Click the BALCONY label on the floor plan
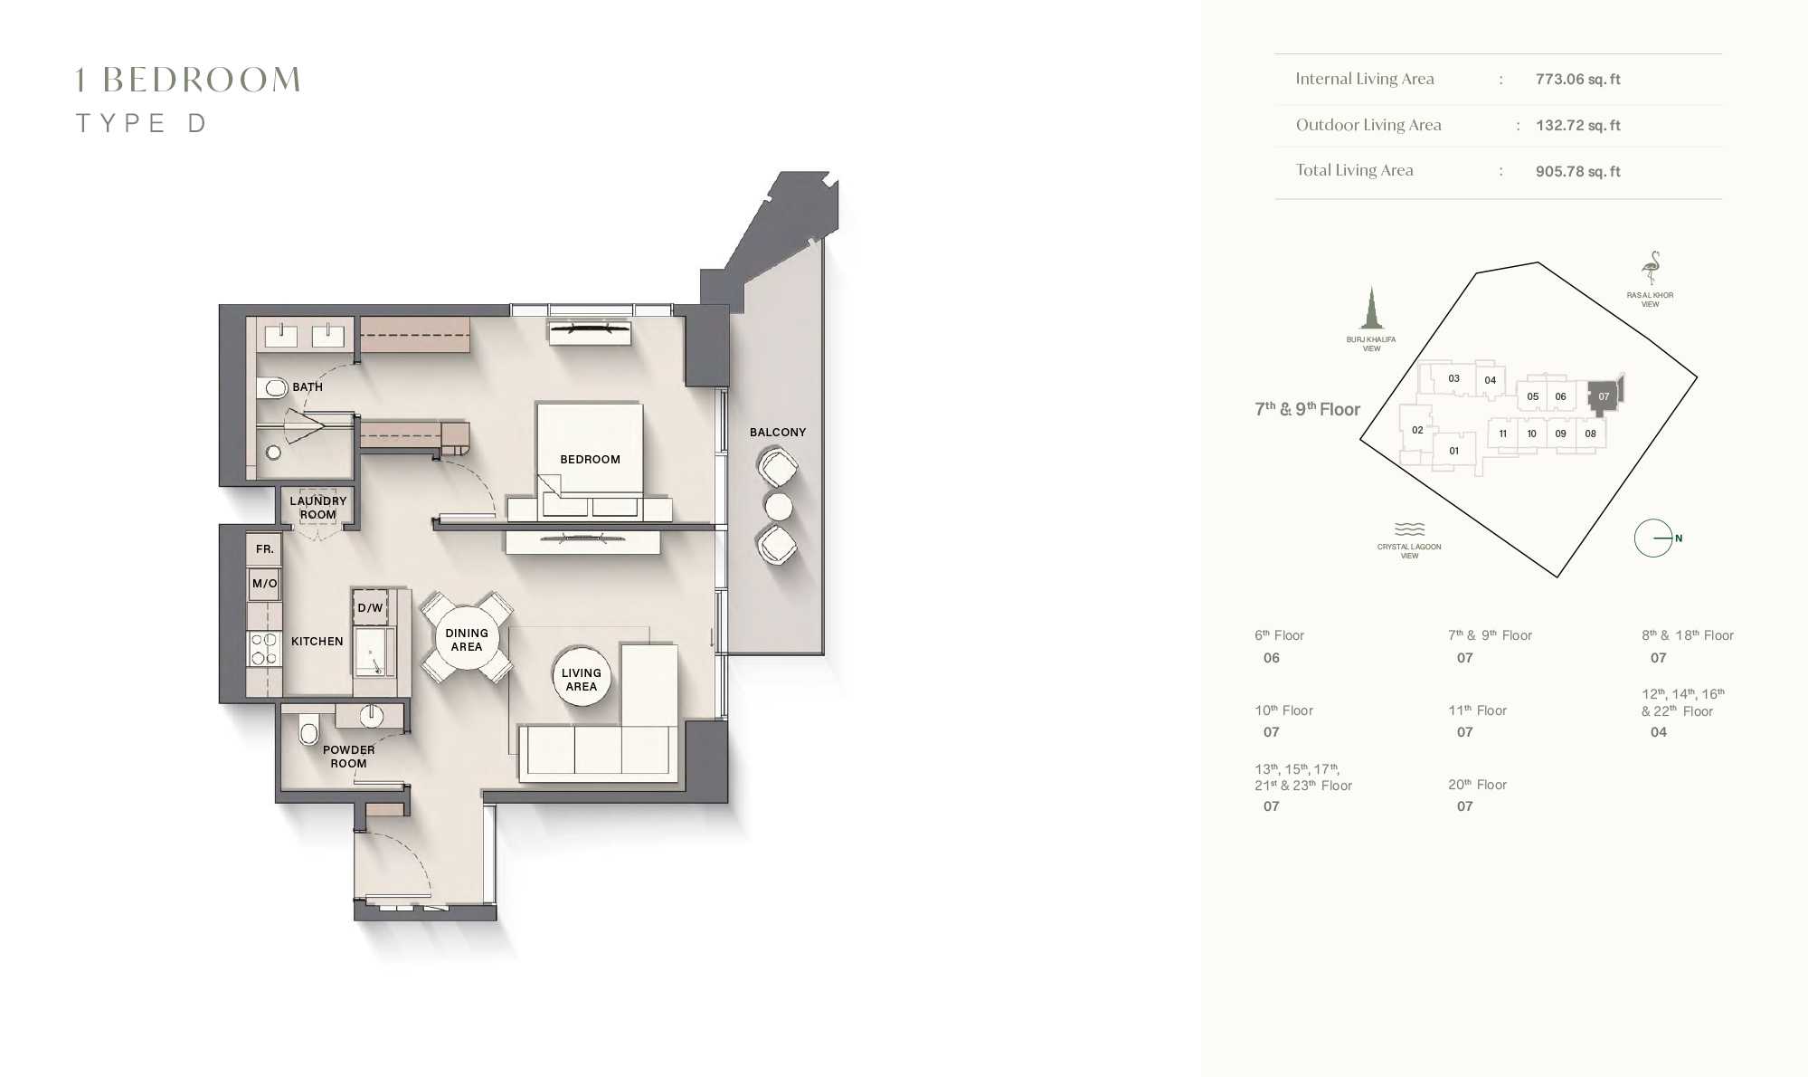click(x=777, y=432)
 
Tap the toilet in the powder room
click(x=308, y=729)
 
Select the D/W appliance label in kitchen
click(x=370, y=607)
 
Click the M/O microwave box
click(x=264, y=584)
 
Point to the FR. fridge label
click(x=264, y=548)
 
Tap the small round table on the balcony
click(x=778, y=507)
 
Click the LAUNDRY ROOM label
click(x=317, y=507)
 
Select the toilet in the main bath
click(x=272, y=388)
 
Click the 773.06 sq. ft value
click(x=1577, y=79)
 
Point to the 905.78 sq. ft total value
click(x=1577, y=171)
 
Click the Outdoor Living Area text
click(x=1368, y=125)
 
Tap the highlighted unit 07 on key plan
click(x=1603, y=396)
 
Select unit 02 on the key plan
click(x=1417, y=430)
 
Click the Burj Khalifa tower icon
click(x=1371, y=308)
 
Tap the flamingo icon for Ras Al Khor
click(x=1652, y=268)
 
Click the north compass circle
click(x=1653, y=538)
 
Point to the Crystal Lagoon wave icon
click(x=1409, y=529)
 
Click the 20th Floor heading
click(x=1477, y=785)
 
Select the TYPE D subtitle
click(x=141, y=123)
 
